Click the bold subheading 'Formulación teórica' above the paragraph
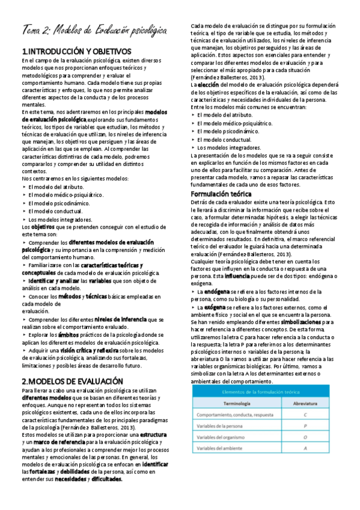coord(221,194)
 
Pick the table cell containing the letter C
coord(305,414)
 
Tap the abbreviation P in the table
coord(305,426)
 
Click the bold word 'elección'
coord(208,85)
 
